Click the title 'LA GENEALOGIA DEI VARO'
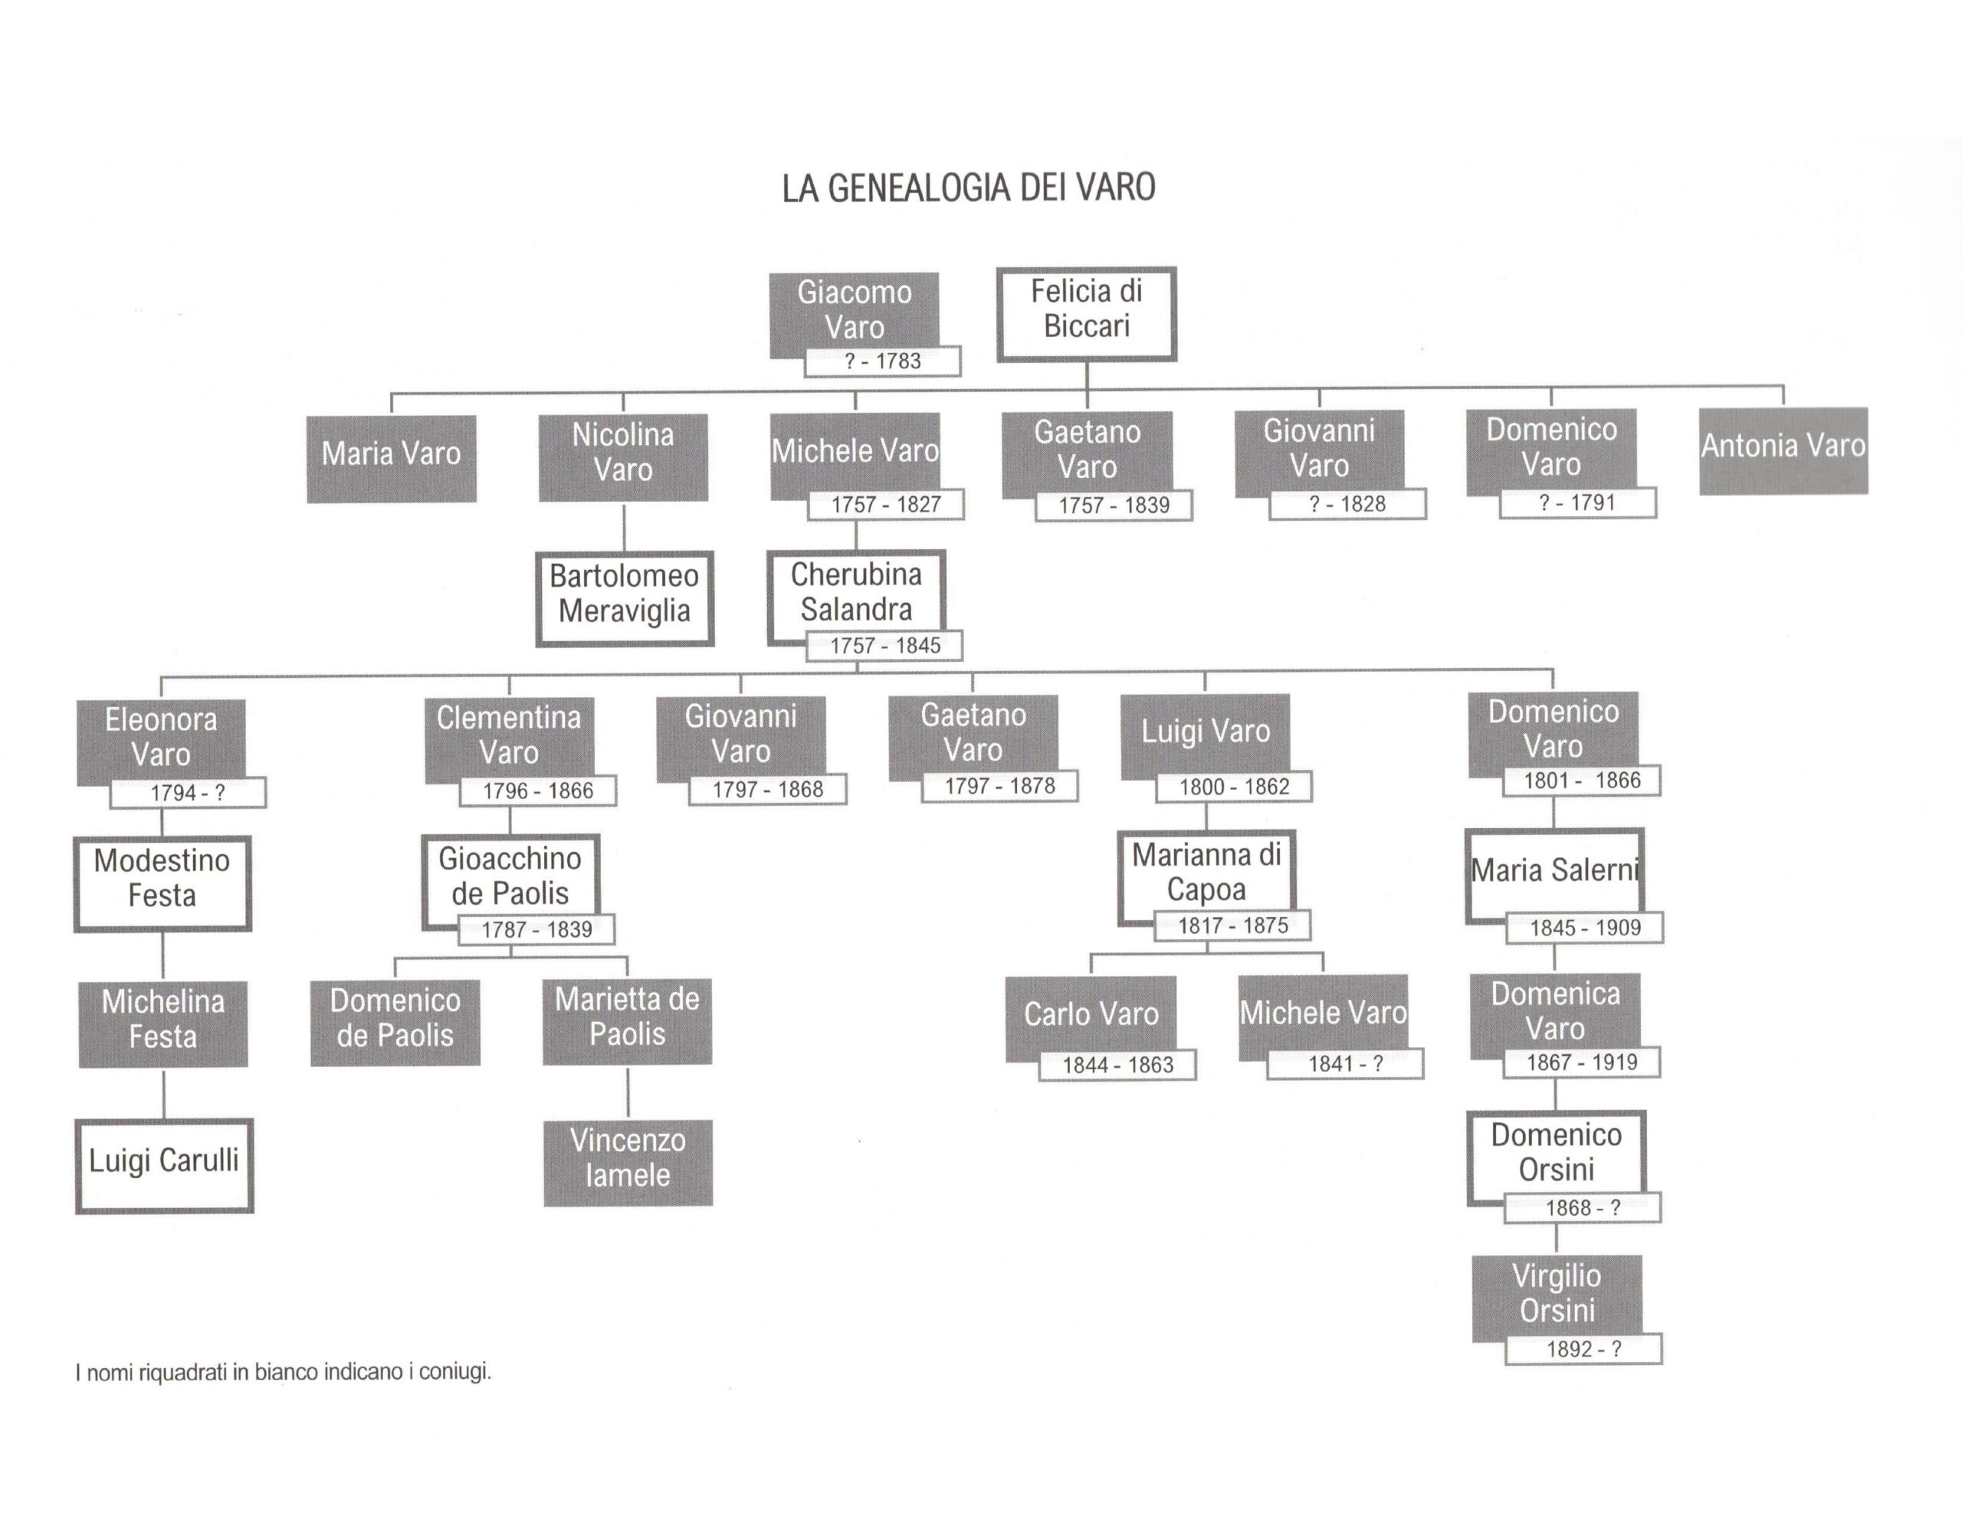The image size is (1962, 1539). (x=968, y=188)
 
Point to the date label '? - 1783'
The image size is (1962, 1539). (x=882, y=362)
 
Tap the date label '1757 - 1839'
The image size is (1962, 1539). (x=1113, y=506)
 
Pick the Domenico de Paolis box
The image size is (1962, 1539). (x=395, y=1021)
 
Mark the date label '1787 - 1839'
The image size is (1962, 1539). (x=536, y=930)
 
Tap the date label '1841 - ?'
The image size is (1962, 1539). (x=1344, y=1064)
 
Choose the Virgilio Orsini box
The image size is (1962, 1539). (x=1557, y=1295)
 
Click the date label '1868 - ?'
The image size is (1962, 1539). (x=1582, y=1208)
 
